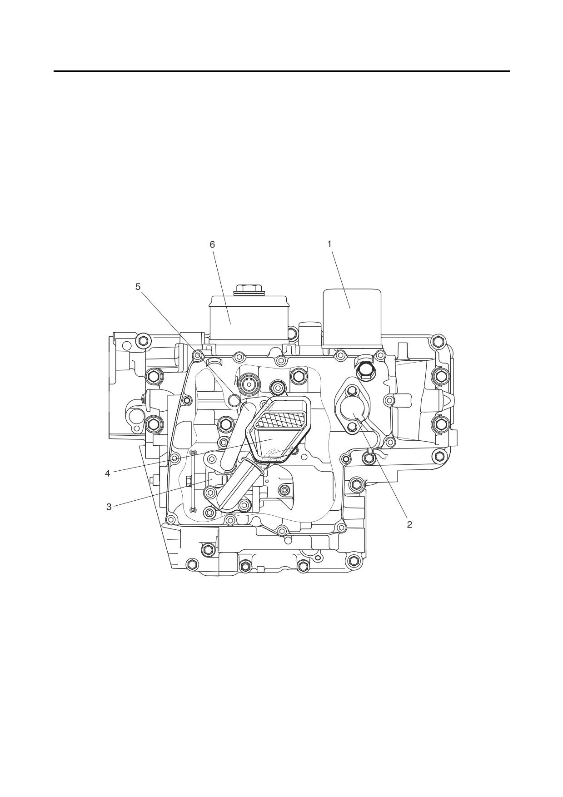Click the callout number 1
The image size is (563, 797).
(329, 244)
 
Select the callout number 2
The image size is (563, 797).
(409, 524)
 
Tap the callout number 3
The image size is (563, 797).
(109, 507)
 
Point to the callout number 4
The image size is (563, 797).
(108, 473)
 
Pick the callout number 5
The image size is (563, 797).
(138, 287)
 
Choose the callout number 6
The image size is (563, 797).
(212, 244)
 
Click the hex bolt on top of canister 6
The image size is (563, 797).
(248, 289)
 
